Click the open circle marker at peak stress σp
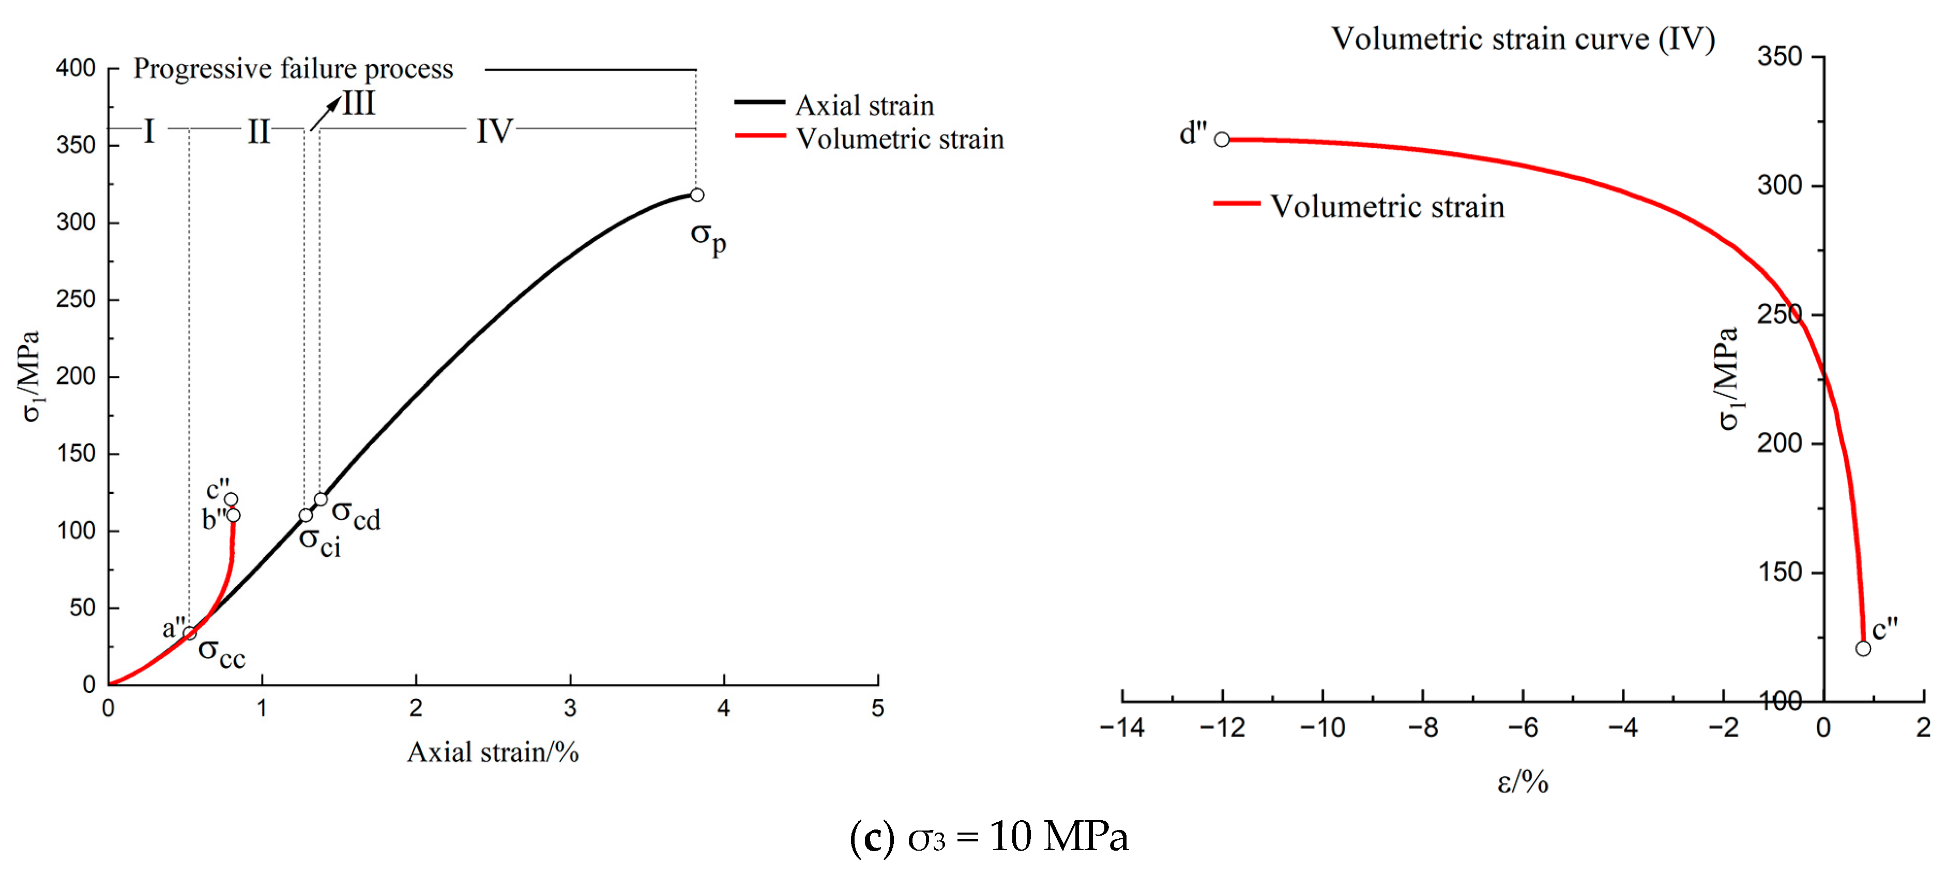coord(697,195)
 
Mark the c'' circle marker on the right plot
coord(1863,648)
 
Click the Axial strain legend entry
coord(864,105)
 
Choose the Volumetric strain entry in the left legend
coord(900,138)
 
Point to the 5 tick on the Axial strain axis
coord(877,708)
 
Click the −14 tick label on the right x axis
coord(1122,727)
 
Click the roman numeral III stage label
coord(359,103)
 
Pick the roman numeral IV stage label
coord(494,131)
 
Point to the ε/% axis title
coord(1522,782)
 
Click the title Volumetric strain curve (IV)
coord(1522,39)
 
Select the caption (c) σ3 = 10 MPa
coord(988,837)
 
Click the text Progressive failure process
coord(293,69)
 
